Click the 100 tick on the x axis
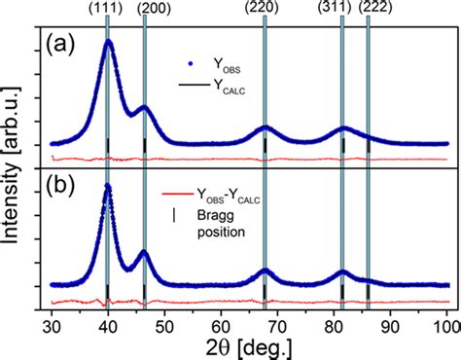pos(446,318)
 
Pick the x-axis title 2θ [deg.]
pos(248,343)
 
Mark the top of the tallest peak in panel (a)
pos(109,41)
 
